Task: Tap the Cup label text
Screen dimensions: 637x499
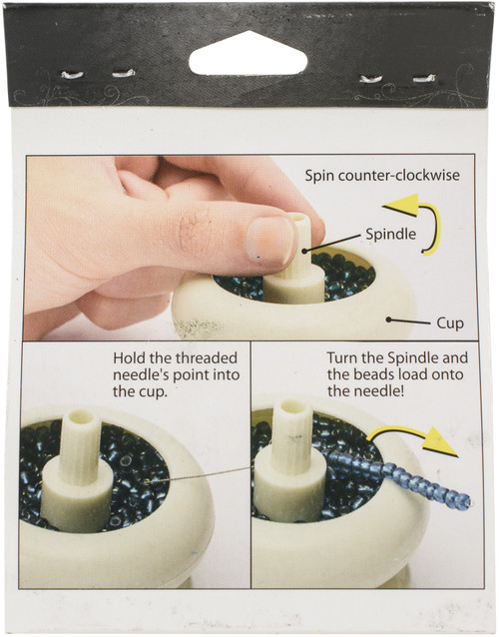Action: click(x=450, y=322)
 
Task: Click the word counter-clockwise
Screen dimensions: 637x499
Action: click(x=401, y=176)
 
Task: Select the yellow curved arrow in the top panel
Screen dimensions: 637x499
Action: click(x=418, y=225)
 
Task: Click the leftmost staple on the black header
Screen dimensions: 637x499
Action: click(x=72, y=74)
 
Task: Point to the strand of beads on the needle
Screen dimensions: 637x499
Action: click(x=399, y=476)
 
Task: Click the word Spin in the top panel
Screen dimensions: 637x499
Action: click(x=321, y=176)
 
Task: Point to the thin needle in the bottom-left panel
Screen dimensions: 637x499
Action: click(x=200, y=473)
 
